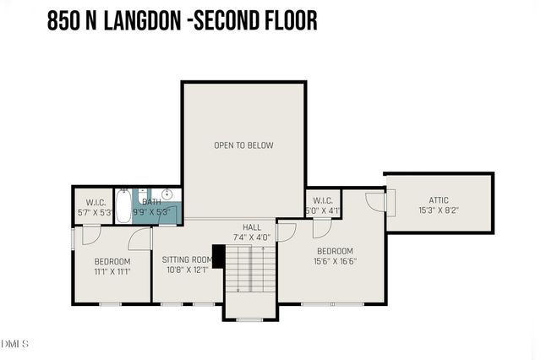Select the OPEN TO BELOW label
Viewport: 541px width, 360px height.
pyautogui.click(x=243, y=145)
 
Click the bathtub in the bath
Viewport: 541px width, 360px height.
pyautogui.click(x=123, y=205)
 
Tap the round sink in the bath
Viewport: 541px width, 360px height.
pyautogui.click(x=167, y=194)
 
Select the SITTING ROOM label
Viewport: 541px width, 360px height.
pyautogui.click(x=187, y=259)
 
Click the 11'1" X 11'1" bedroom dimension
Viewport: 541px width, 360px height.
pyautogui.click(x=112, y=271)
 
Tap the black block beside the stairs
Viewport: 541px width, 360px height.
pyautogui.click(x=217, y=256)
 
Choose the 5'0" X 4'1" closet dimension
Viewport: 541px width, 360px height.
pyautogui.click(x=322, y=210)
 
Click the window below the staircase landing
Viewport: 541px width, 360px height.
pyautogui.click(x=250, y=319)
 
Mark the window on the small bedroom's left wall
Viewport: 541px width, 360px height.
pyautogui.click(x=73, y=238)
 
